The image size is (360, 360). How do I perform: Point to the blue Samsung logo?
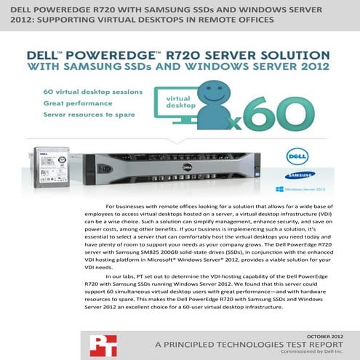pos(303,175)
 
